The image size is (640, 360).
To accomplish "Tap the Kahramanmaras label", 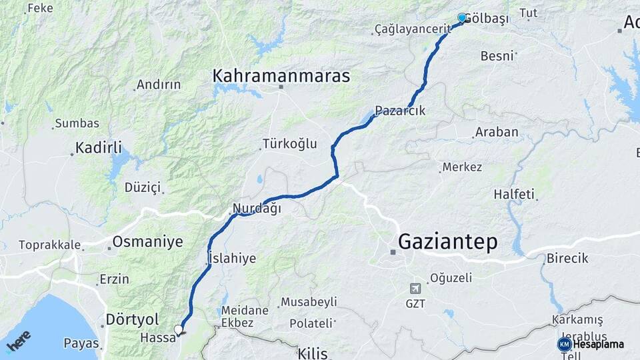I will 281,76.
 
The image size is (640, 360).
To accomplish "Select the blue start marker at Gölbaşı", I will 462,18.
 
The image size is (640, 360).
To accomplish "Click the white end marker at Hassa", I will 178,329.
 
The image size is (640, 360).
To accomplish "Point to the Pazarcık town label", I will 400,111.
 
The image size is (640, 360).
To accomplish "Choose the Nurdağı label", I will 257,209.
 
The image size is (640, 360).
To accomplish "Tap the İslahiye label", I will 232,258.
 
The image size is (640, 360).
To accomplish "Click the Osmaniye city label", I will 147,241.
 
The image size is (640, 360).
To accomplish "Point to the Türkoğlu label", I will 289,144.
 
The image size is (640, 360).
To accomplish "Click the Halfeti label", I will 514,195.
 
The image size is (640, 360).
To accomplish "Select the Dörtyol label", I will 132,319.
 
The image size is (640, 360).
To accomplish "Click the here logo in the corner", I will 19,341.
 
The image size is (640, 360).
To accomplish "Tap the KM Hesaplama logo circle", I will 565,344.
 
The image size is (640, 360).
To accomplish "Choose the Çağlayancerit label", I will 409,29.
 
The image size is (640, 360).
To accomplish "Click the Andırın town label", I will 158,85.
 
